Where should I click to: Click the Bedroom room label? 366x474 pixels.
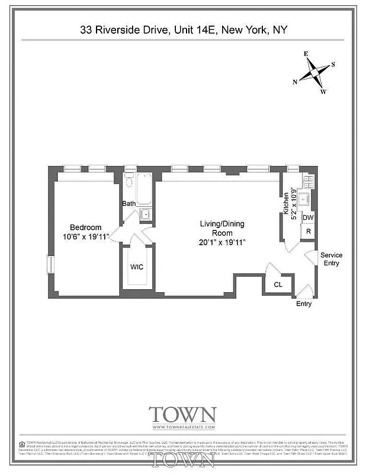pos(86,228)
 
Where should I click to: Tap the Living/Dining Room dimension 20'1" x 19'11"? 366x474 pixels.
pos(221,242)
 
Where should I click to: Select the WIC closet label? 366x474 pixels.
pos(137,267)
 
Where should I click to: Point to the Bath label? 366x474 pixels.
pos(129,204)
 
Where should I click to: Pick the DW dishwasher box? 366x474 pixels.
pos(308,217)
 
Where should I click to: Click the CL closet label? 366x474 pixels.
pos(278,285)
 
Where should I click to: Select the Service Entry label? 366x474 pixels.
pos(331,259)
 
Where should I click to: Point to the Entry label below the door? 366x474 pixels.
pos(303,304)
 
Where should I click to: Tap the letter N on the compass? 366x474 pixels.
pos(296,82)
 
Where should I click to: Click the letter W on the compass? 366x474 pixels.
pos(323,92)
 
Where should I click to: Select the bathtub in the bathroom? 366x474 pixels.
pos(144,188)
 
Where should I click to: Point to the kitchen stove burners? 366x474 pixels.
pos(307,181)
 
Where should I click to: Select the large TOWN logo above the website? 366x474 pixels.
pos(182,414)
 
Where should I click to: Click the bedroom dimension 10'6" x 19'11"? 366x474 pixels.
pos(86,237)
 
